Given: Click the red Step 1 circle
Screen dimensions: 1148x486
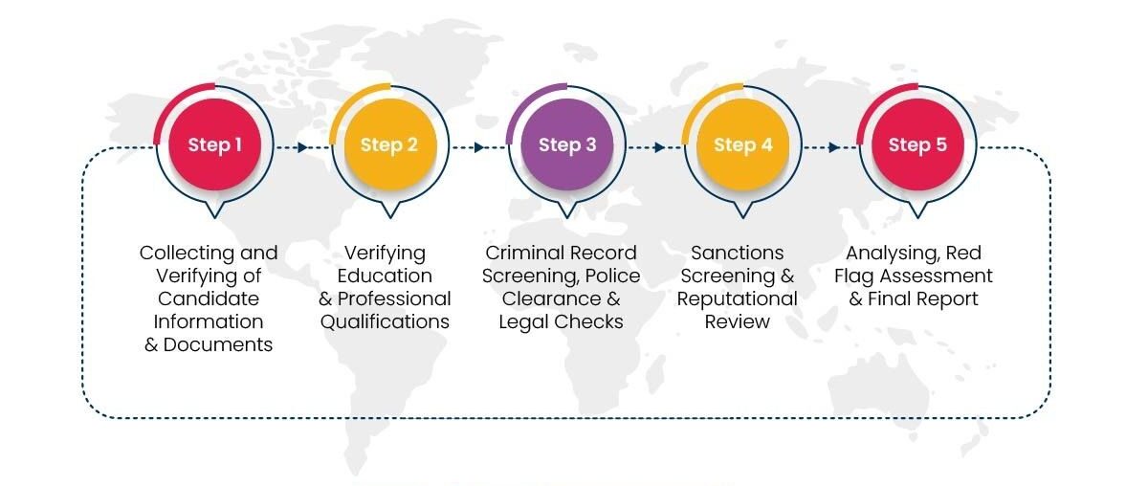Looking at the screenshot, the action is (x=214, y=144).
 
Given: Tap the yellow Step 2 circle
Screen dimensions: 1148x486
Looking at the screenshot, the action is (x=390, y=144).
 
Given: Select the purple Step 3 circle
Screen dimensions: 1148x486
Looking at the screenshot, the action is (x=566, y=144).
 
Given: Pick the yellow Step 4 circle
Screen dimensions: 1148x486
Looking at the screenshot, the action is (x=742, y=144).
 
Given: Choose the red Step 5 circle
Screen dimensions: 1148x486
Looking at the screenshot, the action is (x=917, y=144).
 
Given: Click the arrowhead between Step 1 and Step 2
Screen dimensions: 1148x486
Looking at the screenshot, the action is (x=302, y=147).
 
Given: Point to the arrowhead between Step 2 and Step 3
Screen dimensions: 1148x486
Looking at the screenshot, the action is (x=478, y=147).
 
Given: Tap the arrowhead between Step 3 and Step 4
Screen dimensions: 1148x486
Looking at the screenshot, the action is (x=659, y=147).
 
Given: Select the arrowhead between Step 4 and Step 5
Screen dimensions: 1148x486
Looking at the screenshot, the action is (x=834, y=147).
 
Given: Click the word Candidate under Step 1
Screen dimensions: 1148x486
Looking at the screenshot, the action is (x=209, y=298).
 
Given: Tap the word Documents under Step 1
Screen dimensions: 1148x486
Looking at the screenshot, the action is (x=218, y=344).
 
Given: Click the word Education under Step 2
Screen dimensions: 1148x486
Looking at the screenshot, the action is (x=385, y=276).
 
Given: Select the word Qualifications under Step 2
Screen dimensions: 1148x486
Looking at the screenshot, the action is (x=385, y=322).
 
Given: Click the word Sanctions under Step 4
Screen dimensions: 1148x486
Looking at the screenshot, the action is (x=737, y=253).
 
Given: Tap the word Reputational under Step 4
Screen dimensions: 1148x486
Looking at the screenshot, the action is (x=737, y=298).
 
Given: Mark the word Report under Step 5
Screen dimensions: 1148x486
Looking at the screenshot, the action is (x=949, y=298).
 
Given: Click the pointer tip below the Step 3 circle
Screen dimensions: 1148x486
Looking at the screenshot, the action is (x=566, y=218).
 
